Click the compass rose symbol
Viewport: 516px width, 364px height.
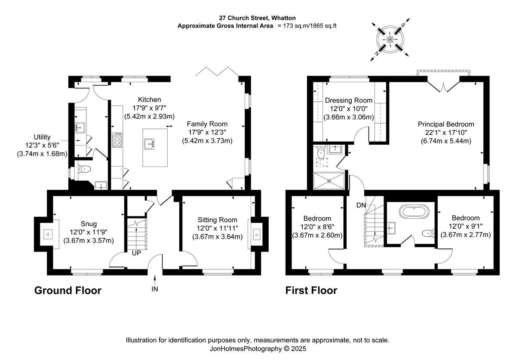[390, 39]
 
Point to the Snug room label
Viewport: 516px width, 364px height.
[89, 224]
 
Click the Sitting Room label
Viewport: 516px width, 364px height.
[217, 220]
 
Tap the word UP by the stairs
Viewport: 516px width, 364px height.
[136, 253]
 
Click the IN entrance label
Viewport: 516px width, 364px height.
[155, 289]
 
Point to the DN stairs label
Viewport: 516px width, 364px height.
[361, 205]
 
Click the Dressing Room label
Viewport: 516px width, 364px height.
[349, 100]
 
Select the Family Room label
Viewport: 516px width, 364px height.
[207, 124]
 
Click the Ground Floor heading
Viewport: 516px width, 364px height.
[68, 291]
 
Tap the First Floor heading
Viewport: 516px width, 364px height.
[311, 291]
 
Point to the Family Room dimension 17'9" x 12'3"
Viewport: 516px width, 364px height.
[207, 132]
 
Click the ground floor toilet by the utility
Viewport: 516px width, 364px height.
[84, 169]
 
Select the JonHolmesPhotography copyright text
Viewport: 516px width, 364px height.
[258, 349]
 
